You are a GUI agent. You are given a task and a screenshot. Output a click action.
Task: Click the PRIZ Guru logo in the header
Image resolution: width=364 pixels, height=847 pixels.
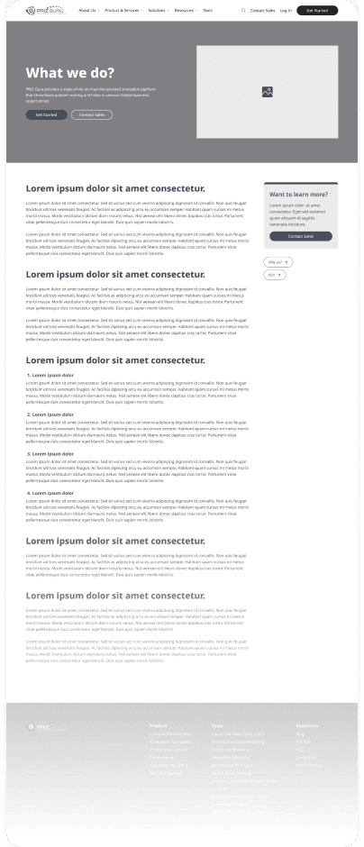tap(45, 11)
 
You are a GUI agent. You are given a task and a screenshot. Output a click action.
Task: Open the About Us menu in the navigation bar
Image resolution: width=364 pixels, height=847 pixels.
tap(88, 11)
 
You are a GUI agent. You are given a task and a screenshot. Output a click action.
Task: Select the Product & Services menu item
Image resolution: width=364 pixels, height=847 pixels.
tap(123, 11)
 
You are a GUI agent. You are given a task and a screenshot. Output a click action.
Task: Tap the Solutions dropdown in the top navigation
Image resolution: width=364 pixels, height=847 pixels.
tap(159, 11)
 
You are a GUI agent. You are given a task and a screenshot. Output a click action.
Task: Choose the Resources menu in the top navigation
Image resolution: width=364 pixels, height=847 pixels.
tap(186, 11)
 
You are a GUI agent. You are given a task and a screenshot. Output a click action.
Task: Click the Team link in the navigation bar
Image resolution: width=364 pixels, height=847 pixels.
tap(208, 11)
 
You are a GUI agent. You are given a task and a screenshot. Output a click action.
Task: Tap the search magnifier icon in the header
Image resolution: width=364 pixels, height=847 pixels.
tap(242, 11)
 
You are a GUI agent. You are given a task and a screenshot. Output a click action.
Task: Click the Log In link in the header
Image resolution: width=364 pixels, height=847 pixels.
tap(286, 11)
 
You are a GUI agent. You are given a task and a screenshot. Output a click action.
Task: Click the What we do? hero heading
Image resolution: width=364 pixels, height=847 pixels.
tap(70, 74)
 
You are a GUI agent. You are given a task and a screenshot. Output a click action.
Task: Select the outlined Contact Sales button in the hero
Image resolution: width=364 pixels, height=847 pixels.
tap(92, 115)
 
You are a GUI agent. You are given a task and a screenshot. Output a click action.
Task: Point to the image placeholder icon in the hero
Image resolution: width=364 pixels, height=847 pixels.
tap(268, 92)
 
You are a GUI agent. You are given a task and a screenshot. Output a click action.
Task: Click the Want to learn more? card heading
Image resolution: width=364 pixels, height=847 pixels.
tap(298, 194)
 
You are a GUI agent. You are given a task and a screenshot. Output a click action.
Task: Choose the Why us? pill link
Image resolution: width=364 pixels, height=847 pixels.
tap(277, 261)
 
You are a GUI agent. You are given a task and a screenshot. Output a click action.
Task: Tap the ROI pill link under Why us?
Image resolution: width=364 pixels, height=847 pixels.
tap(274, 274)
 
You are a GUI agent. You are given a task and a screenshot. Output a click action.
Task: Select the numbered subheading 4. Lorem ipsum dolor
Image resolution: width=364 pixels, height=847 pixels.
tap(50, 493)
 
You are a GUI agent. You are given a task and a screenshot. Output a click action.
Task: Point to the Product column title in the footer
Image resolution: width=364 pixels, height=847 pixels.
tap(159, 724)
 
